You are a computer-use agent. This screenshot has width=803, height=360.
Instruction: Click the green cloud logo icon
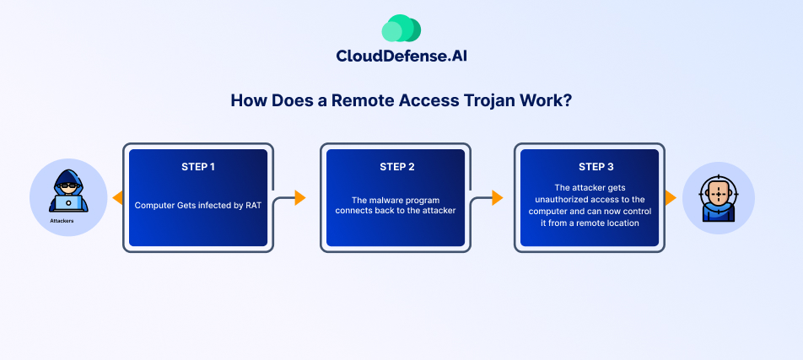pyautogui.click(x=401, y=28)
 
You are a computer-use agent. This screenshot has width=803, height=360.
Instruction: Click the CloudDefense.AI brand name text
pyautogui.click(x=401, y=56)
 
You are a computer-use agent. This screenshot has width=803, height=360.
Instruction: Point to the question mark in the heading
pyautogui.click(x=567, y=100)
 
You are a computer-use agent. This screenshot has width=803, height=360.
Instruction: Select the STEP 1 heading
pyautogui.click(x=198, y=167)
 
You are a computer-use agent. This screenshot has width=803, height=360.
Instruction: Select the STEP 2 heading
pyautogui.click(x=397, y=167)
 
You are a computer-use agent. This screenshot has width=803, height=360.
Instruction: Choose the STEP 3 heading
pyautogui.click(x=596, y=167)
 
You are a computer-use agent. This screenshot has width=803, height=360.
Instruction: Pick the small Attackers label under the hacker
pyautogui.click(x=62, y=221)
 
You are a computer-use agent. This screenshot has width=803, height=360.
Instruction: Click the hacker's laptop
pyautogui.click(x=68, y=204)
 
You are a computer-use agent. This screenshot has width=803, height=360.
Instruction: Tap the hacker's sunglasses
pyautogui.click(x=68, y=185)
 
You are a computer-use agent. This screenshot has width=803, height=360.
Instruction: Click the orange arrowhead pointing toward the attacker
pyautogui.click(x=118, y=197)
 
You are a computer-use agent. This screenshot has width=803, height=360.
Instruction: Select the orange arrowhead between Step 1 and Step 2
pyautogui.click(x=300, y=197)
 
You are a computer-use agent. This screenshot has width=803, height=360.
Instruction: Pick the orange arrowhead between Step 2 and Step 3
pyautogui.click(x=498, y=197)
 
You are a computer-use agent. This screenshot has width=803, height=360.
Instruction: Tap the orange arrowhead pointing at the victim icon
pyautogui.click(x=671, y=197)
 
